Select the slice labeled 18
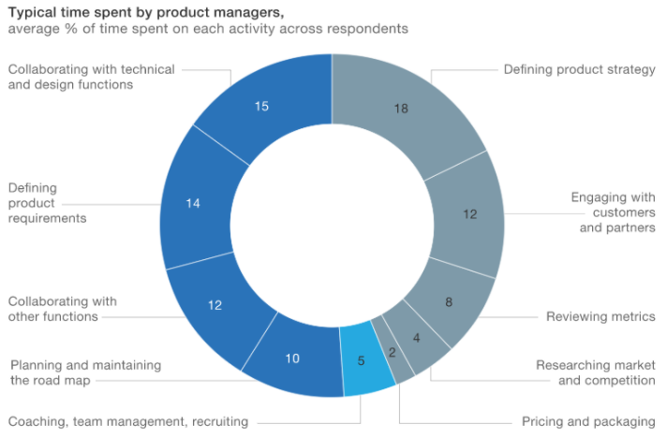401,109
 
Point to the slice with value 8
450,302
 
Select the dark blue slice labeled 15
262,107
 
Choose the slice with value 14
192,203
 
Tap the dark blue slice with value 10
292,358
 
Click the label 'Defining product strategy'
579,70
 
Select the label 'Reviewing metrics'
600,317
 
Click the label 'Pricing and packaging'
588,422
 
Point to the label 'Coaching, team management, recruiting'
128,422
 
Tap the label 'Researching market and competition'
595,372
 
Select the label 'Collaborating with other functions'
63,309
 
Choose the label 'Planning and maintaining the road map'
85,372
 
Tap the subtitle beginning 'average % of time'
207,29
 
